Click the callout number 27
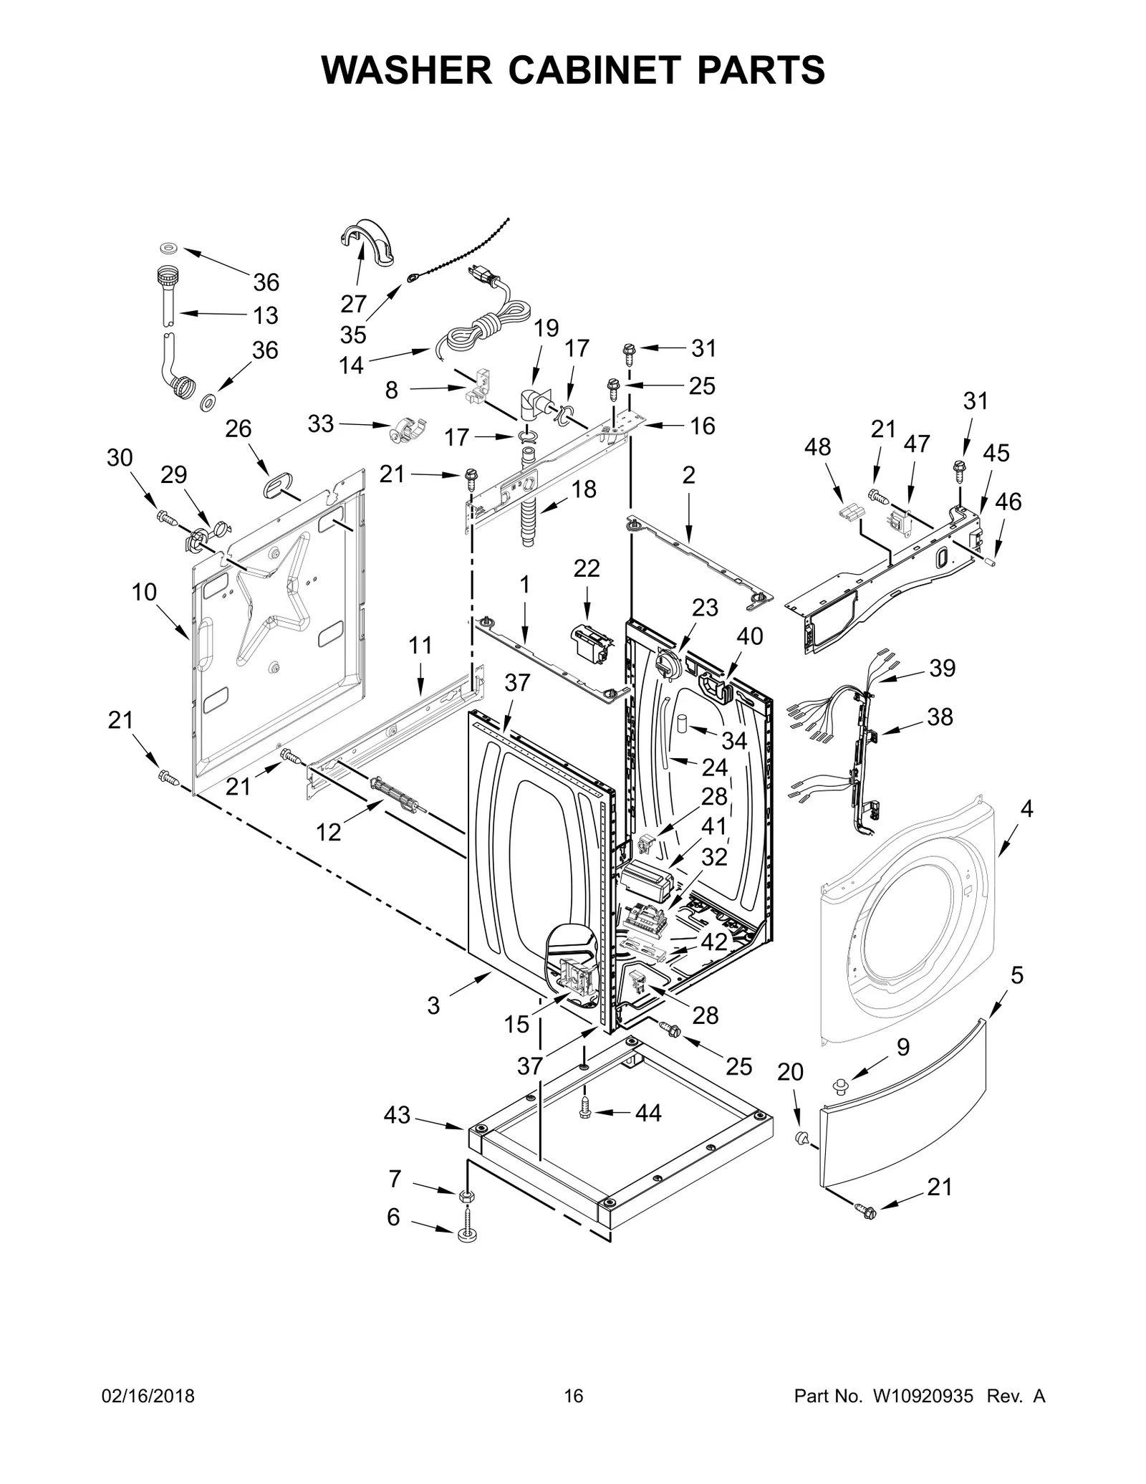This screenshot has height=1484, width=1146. click(353, 304)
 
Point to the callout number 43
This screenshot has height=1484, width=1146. click(397, 1115)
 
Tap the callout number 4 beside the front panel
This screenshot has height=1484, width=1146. click(1026, 809)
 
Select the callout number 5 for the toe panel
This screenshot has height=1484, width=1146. click(1017, 975)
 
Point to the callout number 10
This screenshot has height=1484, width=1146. click(144, 592)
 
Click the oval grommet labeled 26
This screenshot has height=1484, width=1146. click(274, 487)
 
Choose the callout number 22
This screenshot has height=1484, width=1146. click(587, 568)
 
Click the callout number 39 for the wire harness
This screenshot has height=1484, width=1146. click(942, 668)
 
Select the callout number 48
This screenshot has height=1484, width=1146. click(817, 447)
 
